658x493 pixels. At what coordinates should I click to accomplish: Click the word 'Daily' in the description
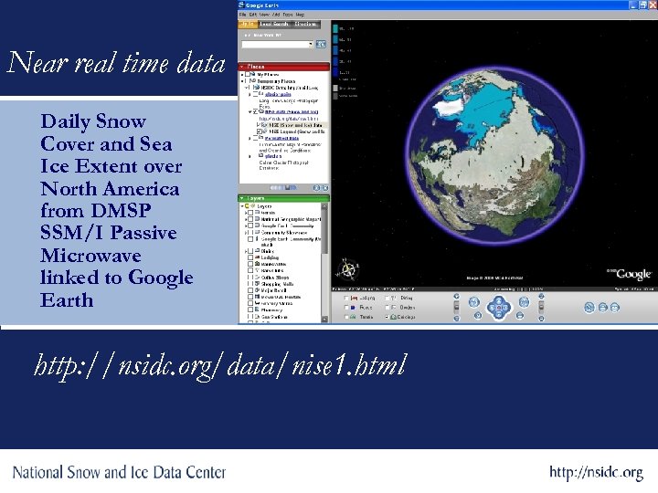point(67,121)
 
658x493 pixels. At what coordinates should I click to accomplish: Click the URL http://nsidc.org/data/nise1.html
point(220,366)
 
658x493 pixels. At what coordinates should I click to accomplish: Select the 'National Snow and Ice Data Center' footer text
point(119,472)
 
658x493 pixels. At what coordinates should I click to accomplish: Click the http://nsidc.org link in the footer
point(596,473)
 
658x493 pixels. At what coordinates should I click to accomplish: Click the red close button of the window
point(651,5)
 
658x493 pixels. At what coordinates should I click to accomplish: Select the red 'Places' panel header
point(283,67)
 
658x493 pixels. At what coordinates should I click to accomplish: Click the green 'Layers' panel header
point(283,197)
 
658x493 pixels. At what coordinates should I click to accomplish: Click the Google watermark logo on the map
point(631,273)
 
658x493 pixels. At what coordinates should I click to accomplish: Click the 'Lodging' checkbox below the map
point(345,298)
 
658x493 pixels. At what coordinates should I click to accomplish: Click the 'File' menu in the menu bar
point(243,15)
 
